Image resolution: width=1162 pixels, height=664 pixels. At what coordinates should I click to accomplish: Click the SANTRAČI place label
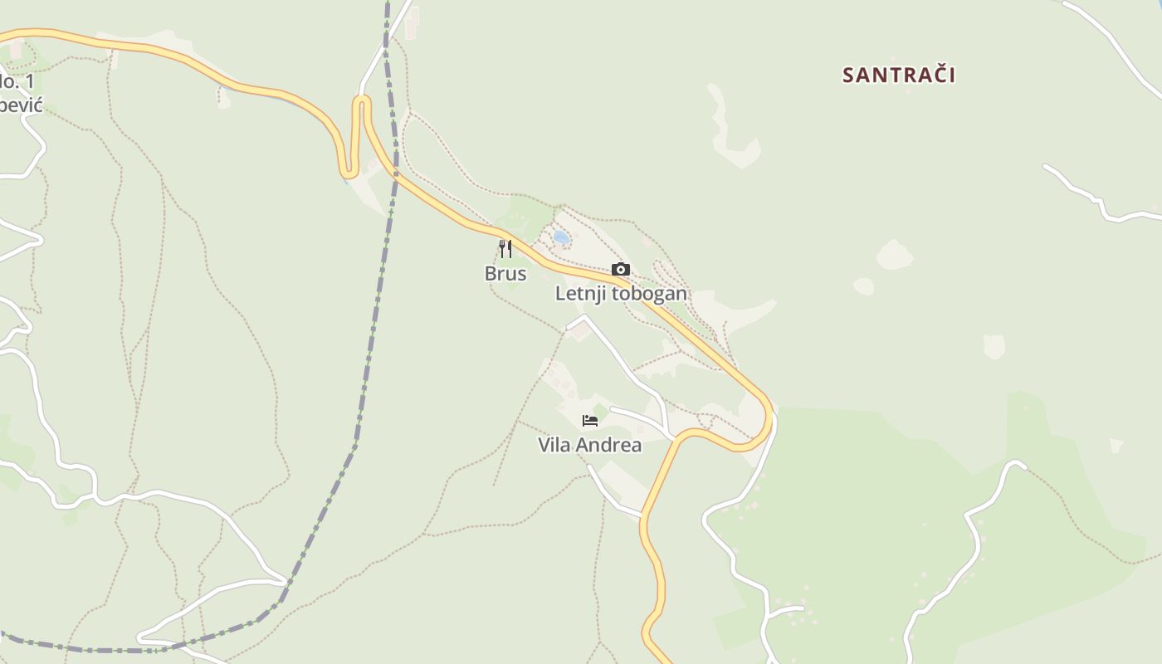[x=899, y=76]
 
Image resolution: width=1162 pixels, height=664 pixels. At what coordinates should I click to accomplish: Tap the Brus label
[x=505, y=274]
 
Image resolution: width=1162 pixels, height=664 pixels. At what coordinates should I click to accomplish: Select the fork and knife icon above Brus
[x=505, y=248]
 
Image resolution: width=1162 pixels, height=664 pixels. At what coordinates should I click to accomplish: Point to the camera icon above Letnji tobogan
[x=620, y=270]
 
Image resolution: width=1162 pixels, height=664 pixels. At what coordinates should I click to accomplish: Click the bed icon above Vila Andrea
[x=590, y=421]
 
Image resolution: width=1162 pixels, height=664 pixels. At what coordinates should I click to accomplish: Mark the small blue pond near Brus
[x=561, y=238]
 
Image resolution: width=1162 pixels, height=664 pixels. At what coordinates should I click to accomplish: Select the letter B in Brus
[x=491, y=274]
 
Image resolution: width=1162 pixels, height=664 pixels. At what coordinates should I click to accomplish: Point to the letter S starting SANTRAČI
[x=848, y=76]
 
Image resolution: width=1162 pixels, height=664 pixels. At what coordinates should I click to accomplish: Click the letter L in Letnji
[x=560, y=294]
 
